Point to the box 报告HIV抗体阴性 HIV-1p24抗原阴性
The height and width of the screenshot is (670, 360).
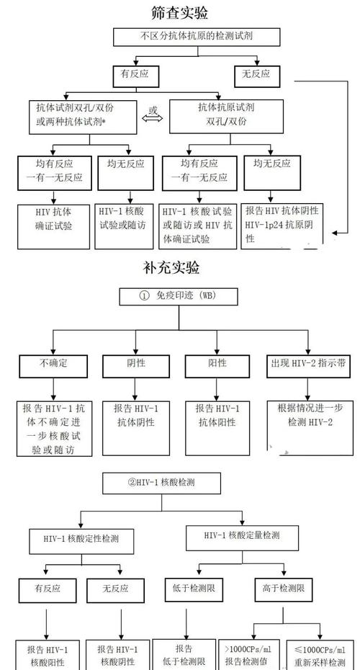tap(281, 224)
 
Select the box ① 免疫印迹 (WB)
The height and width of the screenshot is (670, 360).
tap(178, 297)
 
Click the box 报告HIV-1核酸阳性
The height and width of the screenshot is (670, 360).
tap(48, 654)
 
